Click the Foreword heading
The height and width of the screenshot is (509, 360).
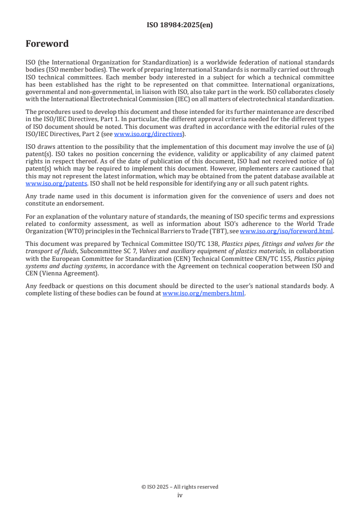pos(47,44)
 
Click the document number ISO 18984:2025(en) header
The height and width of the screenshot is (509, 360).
pos(180,25)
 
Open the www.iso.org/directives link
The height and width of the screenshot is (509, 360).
pos(148,134)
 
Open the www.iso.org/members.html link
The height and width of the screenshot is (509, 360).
pos(203,293)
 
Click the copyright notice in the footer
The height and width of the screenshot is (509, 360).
pos(180,487)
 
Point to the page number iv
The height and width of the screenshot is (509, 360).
pos(180,495)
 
